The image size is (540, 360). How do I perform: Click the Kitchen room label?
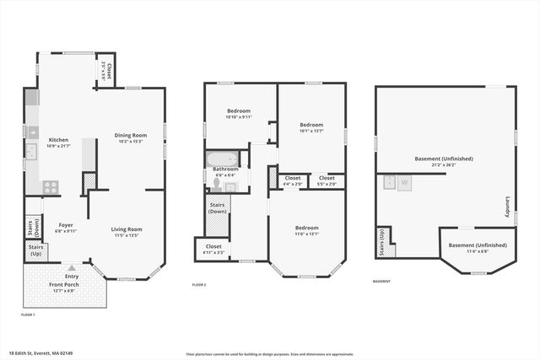[x=58, y=140]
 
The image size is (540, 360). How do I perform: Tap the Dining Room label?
[x=131, y=135]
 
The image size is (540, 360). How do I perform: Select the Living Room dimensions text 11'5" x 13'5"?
[x=127, y=236]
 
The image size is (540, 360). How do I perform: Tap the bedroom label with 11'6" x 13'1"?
[x=306, y=228]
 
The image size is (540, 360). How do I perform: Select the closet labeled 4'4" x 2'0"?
[x=293, y=178]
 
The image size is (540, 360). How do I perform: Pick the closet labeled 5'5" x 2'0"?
[x=327, y=178]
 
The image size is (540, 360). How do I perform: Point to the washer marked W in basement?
[x=404, y=182]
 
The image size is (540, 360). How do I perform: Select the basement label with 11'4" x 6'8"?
[x=478, y=245]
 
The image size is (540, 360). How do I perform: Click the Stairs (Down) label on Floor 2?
[x=217, y=207]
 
